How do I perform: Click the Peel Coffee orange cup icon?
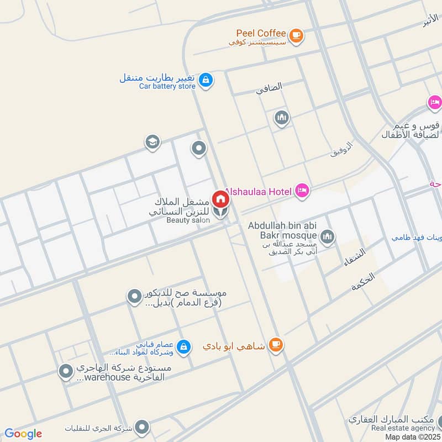coord(297,35)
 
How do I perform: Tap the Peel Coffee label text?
coord(261,34)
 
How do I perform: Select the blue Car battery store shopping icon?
coord(206,80)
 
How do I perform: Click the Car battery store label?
coord(167,86)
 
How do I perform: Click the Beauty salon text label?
coord(188,220)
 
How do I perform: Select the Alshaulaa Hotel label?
coord(257,191)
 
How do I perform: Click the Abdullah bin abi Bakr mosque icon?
coord(327,236)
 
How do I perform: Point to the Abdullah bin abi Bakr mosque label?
coord(283,231)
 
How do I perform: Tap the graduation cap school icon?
coord(152,143)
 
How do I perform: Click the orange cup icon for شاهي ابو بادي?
coord(275,345)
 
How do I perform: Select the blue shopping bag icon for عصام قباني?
coord(185,348)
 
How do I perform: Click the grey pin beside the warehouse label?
coord(66,371)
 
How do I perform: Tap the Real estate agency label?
coord(403,428)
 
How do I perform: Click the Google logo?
coord(23,434)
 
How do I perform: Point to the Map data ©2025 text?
coord(412,436)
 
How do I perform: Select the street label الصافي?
coord(269,87)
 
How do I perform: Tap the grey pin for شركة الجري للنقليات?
coord(143,427)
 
